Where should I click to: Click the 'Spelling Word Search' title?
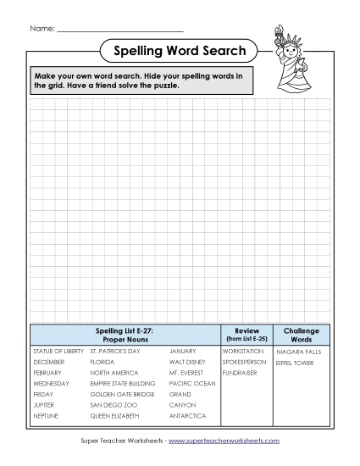[x=180, y=52]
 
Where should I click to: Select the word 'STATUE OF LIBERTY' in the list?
[x=58, y=351]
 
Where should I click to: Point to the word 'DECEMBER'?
[x=48, y=362]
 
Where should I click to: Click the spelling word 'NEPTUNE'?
[x=47, y=416]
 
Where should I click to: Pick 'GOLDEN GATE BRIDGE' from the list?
[x=122, y=394]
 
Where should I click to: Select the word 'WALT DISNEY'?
[x=187, y=362]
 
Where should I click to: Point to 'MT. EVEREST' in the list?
[x=186, y=373]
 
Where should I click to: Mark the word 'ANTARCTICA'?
[x=187, y=416]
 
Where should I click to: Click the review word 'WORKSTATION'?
[x=243, y=351]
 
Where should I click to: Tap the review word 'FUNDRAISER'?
[x=240, y=373]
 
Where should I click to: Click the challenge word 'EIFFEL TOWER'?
[x=295, y=363]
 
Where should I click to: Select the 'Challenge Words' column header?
[x=301, y=335]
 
